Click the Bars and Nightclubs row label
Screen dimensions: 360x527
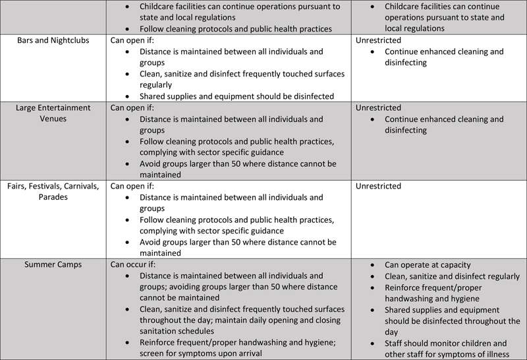click(53, 40)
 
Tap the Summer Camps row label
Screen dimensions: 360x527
click(53, 264)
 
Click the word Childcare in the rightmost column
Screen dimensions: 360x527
click(405, 7)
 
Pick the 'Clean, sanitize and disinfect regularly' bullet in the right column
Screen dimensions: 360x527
click(452, 276)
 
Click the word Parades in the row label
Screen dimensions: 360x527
click(53, 197)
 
